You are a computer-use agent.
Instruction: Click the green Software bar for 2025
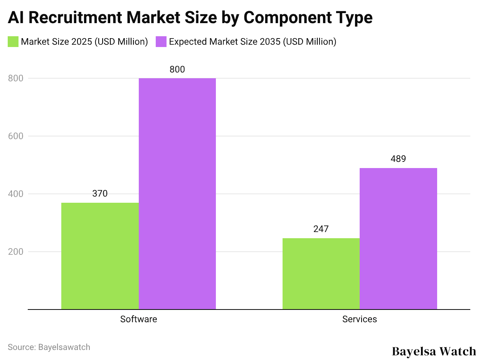tap(100, 256)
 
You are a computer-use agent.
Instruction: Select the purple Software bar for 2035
tap(177, 193)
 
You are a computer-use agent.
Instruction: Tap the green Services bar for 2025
tap(321, 274)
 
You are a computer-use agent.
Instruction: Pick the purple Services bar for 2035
tap(398, 239)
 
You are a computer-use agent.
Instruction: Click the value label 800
tap(177, 69)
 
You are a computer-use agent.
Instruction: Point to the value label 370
tap(100, 193)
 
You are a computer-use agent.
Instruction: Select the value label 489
tap(398, 159)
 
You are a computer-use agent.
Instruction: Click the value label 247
tap(321, 229)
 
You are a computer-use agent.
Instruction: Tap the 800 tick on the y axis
tap(15, 78)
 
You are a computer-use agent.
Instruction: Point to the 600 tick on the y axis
tap(15, 136)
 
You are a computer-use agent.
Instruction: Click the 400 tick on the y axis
tap(15, 194)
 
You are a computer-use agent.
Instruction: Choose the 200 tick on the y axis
tap(15, 252)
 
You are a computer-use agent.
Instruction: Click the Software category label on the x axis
tap(138, 319)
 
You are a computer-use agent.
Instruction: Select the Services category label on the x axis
tap(360, 319)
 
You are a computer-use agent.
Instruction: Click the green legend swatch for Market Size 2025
tap(13, 42)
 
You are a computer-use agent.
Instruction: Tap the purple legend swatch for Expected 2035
tap(161, 42)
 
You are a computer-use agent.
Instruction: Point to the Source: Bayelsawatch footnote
tap(49, 347)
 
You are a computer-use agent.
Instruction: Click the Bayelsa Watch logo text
tap(434, 351)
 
